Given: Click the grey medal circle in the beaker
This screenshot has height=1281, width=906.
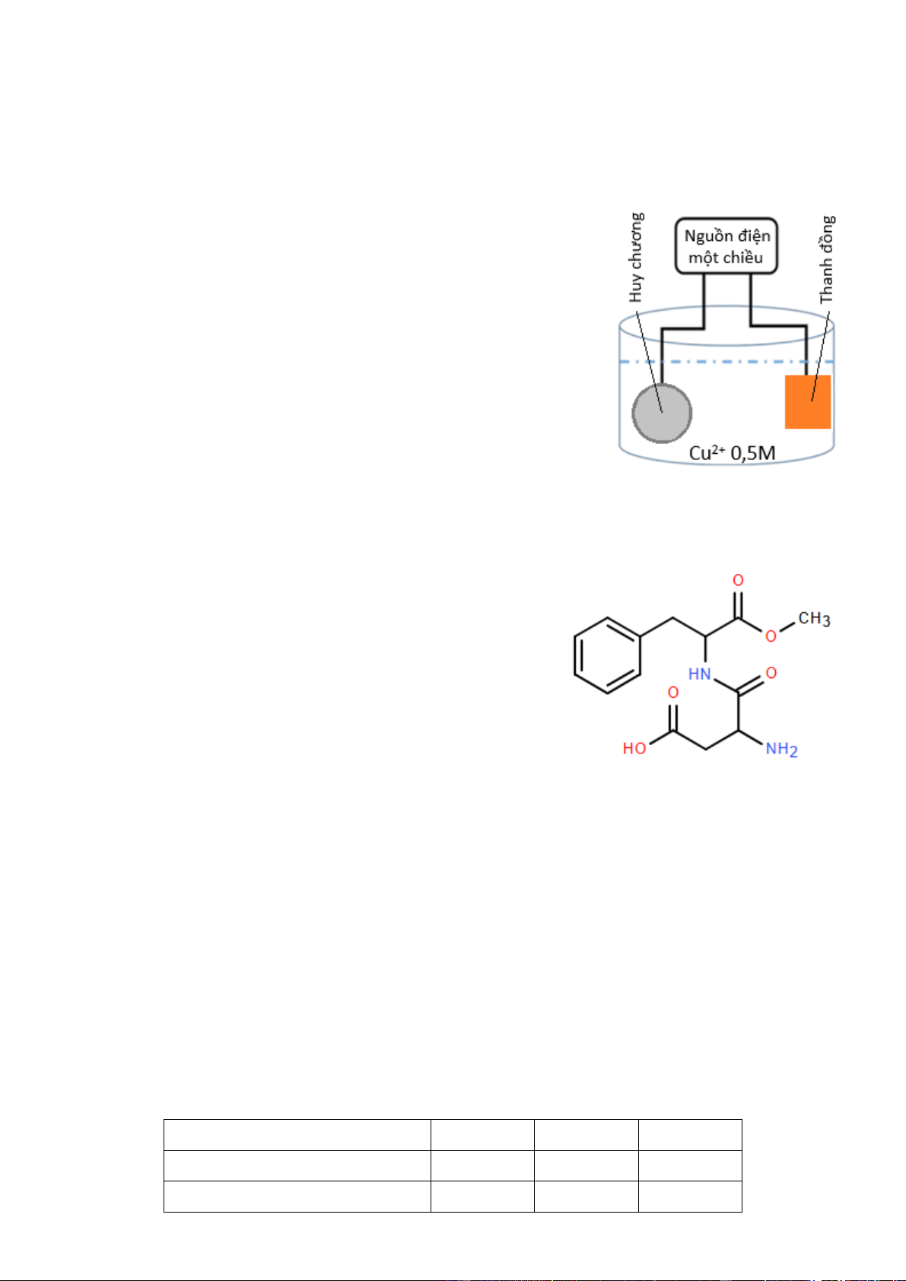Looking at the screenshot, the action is pyautogui.click(x=662, y=413).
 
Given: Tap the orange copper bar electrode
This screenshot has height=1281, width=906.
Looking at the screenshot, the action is pyautogui.click(x=807, y=401).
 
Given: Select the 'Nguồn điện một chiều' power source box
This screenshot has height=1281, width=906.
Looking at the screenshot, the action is pyautogui.click(x=726, y=246).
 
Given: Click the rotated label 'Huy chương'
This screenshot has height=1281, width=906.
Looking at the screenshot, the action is pyautogui.click(x=636, y=258).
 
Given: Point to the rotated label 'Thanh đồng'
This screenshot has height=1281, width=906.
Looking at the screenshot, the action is pyautogui.click(x=827, y=259).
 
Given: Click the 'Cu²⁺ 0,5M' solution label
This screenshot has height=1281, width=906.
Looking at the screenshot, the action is pyautogui.click(x=732, y=453).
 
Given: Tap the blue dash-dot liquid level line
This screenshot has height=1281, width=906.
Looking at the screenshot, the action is pyautogui.click(x=727, y=361).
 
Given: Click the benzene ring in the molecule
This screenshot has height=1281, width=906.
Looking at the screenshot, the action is pyautogui.click(x=607, y=655).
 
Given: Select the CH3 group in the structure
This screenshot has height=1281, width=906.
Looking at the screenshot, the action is pyautogui.click(x=814, y=619).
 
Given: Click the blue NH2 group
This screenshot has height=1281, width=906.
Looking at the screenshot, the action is pyautogui.click(x=781, y=749).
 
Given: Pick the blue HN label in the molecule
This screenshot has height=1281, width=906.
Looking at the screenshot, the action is pyautogui.click(x=699, y=674).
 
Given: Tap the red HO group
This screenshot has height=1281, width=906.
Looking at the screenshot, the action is pyautogui.click(x=634, y=749).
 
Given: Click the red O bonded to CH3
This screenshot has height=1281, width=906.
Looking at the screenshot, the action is pyautogui.click(x=771, y=636).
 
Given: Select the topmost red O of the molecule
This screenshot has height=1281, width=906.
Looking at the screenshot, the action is pyautogui.click(x=739, y=581).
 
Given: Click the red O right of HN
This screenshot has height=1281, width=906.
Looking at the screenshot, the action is pyautogui.click(x=771, y=673).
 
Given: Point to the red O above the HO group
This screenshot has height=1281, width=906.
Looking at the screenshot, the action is pyautogui.click(x=673, y=693).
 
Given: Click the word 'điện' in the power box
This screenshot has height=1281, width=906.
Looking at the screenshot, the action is pyautogui.click(x=754, y=236).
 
